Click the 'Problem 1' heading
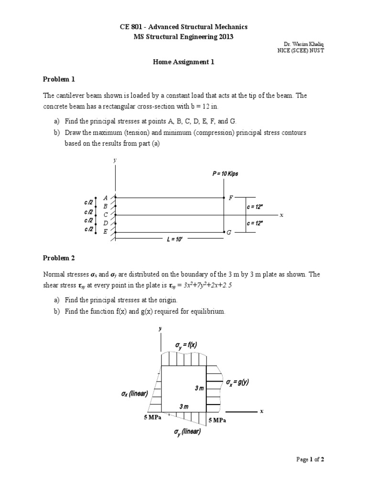59,79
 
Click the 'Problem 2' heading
59,258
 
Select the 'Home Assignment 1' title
183,62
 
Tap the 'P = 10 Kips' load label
225,174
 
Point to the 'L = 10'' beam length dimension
175,240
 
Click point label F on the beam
231,197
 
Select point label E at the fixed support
106,232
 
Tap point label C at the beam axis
106,215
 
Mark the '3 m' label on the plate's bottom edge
183,406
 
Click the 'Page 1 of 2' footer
311,459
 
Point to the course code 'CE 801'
131,27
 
